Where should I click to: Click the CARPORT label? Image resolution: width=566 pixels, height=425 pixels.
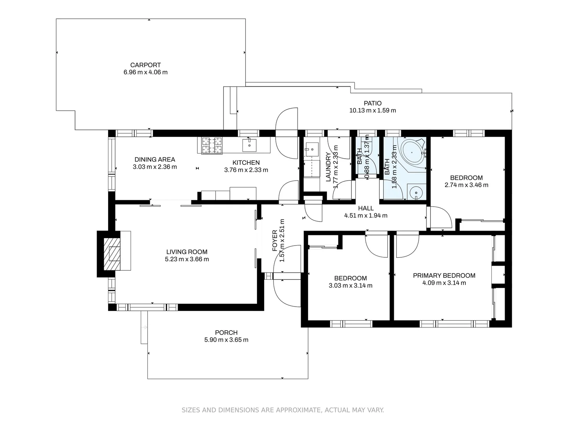click(145, 65)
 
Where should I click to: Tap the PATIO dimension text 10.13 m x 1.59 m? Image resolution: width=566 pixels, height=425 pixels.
click(373, 111)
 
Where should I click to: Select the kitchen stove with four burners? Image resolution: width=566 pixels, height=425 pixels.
click(212, 145)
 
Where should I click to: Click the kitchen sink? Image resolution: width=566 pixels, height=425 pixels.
click(249, 145)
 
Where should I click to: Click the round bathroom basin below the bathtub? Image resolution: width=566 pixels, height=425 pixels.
click(416, 193)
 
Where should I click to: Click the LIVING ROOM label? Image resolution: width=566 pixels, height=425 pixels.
click(187, 252)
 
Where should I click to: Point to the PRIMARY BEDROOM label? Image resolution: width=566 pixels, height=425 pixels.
click(444, 275)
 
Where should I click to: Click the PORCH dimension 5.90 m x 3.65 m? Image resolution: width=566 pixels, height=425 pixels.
click(226, 340)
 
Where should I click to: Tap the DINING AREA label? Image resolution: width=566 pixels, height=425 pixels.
click(155, 159)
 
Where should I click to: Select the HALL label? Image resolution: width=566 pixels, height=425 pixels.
click(366, 208)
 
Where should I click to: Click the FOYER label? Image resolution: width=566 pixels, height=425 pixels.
click(275, 241)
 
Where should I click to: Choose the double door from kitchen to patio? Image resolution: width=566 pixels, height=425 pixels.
click(287, 134)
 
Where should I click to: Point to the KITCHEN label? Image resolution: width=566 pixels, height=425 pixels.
click(246, 163)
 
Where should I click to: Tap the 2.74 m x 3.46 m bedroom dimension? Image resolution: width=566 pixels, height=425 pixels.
click(467, 185)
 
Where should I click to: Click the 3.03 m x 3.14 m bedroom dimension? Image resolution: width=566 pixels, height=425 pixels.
click(351, 286)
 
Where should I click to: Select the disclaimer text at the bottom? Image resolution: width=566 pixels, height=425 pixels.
click(283, 410)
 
